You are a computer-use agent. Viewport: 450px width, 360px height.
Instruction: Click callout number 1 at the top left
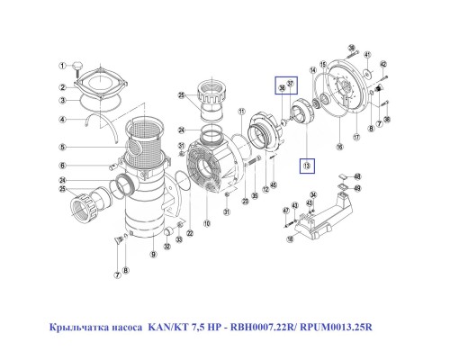(63, 66)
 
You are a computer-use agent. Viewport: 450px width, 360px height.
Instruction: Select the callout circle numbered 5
(63, 148)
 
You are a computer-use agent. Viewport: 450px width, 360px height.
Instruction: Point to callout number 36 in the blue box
(282, 87)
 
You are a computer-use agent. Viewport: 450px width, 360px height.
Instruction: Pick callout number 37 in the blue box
(291, 84)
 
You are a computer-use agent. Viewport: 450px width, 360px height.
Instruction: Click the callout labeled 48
(357, 177)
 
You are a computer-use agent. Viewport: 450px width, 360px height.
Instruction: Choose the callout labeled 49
(357, 189)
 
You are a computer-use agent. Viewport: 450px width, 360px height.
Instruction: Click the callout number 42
(382, 65)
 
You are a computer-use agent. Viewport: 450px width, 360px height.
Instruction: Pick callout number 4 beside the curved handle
(63, 119)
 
